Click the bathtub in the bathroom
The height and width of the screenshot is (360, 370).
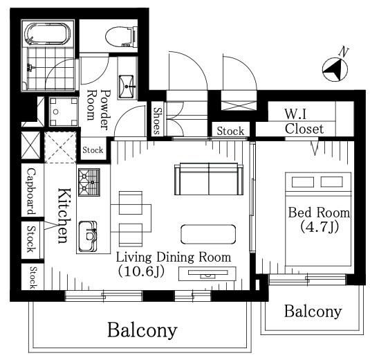tap(48, 33)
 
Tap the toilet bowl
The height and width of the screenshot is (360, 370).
tap(121, 37)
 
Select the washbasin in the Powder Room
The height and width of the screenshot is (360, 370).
tap(127, 87)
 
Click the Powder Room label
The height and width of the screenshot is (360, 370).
tap(98, 109)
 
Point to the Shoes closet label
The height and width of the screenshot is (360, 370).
tap(158, 120)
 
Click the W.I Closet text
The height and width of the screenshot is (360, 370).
tap(304, 122)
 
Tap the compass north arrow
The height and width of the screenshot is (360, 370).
tap(335, 70)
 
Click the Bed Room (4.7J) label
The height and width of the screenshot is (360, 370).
tap(319, 219)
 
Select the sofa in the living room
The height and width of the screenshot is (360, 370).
tap(209, 179)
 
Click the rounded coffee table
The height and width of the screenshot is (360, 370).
tap(208, 234)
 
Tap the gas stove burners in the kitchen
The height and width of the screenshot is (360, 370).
tap(89, 182)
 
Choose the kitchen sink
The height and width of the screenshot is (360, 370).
tap(87, 237)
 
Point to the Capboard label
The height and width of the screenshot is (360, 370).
tap(32, 191)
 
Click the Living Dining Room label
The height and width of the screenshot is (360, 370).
tap(174, 258)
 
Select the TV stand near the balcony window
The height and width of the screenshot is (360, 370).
tap(207, 273)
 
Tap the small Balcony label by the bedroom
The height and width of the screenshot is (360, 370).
tap(313, 312)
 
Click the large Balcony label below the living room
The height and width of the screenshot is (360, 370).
tap(142, 330)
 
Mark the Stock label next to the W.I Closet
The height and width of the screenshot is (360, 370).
tap(230, 131)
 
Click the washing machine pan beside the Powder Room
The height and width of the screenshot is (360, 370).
tap(63, 111)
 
